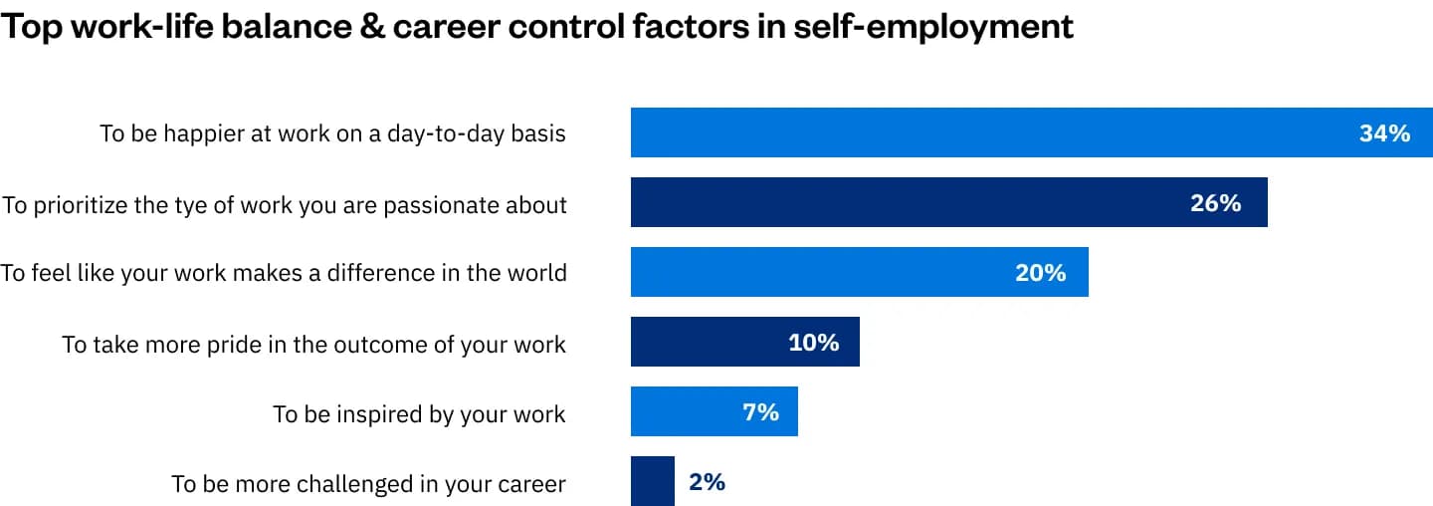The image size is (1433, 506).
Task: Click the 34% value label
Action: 1384,133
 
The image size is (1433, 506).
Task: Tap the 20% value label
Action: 1040,273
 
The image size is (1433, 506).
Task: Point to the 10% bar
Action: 744,343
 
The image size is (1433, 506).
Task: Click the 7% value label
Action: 760,412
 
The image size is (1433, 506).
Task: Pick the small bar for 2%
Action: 653,482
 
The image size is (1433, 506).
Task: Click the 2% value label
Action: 707,482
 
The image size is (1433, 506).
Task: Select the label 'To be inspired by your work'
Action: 419,414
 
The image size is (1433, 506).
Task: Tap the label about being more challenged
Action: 368,485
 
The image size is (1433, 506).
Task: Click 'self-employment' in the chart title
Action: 934,27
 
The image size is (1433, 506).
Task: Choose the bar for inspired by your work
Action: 714,412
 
